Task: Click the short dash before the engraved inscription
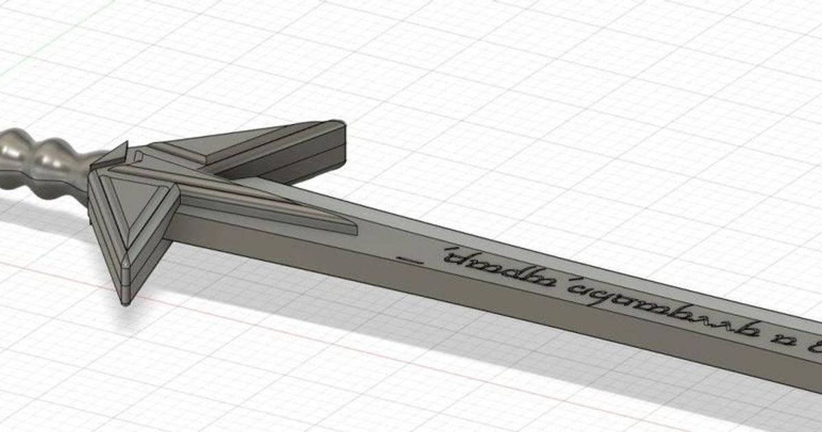click(410, 259)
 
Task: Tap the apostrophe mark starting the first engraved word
click(447, 252)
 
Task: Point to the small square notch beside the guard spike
click(139, 157)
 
